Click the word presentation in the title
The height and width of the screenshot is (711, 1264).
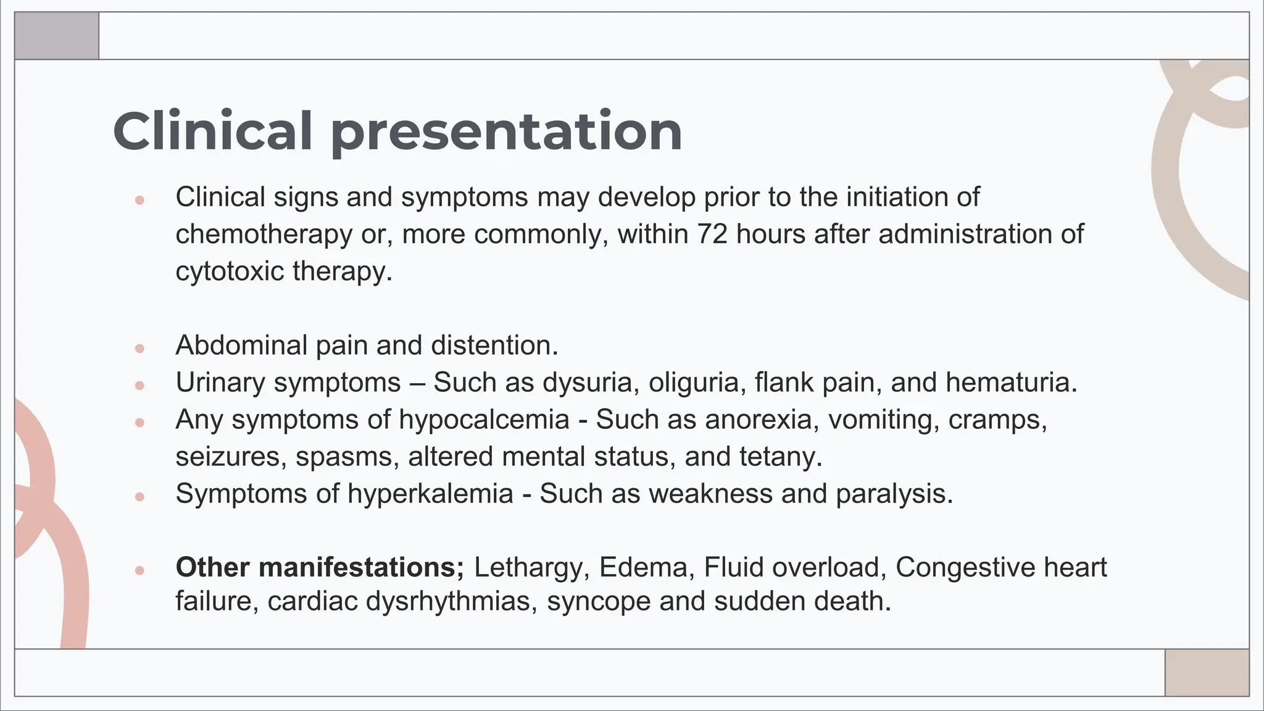tap(506, 133)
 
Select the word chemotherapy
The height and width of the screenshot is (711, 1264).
tap(264, 235)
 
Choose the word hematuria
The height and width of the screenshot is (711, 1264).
tap(1010, 382)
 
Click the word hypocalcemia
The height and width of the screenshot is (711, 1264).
tap(484, 420)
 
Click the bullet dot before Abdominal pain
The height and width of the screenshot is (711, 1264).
tap(139, 348)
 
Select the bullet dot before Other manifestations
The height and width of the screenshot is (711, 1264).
tap(139, 570)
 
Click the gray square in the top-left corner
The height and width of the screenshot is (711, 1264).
tap(57, 36)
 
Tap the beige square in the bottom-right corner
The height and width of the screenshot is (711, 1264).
tap(1207, 672)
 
